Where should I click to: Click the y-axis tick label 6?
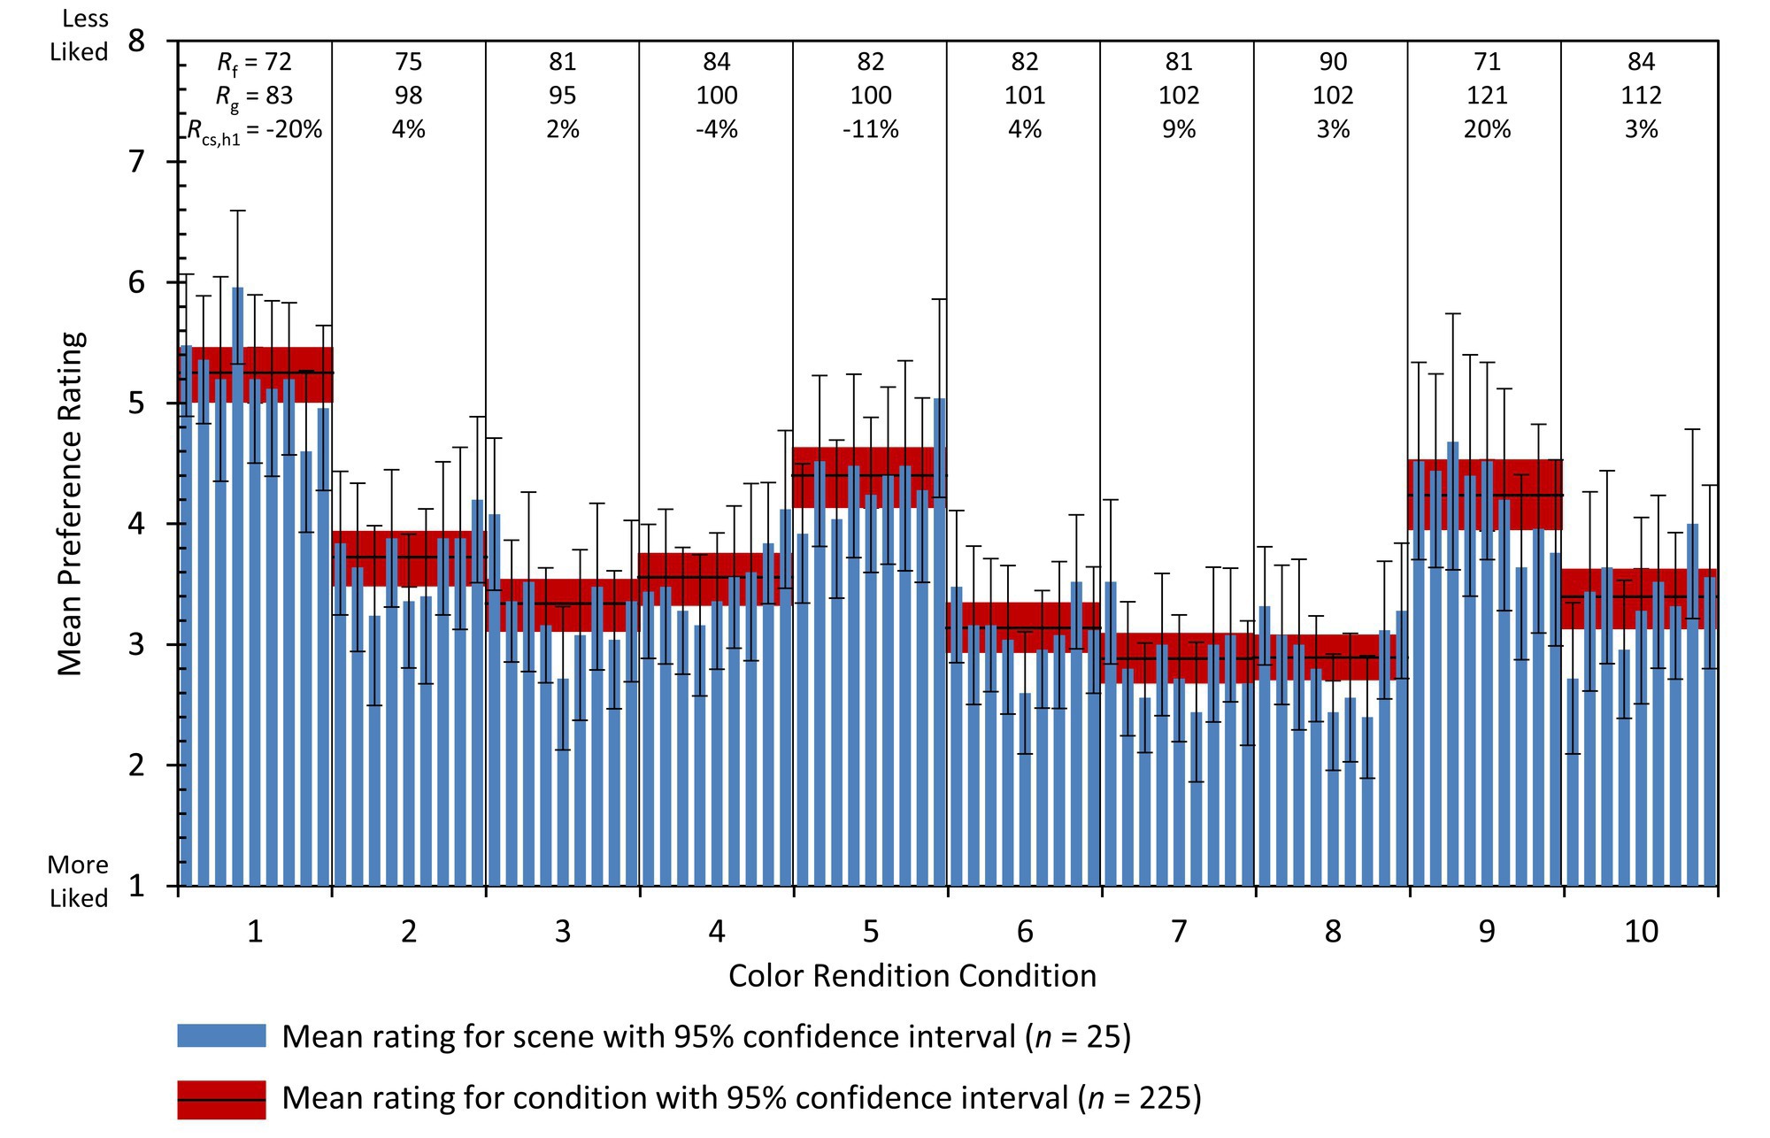point(135,283)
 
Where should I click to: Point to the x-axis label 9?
point(1486,932)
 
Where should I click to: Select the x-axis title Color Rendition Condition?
point(912,976)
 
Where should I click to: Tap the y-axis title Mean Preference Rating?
point(71,504)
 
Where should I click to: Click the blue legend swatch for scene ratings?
point(221,1036)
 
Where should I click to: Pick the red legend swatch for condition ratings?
point(221,1099)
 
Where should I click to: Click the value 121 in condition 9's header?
point(1487,96)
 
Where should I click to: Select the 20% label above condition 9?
point(1487,129)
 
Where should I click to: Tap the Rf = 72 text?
point(254,62)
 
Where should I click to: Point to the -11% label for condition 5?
point(871,129)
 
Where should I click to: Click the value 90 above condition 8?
point(1333,62)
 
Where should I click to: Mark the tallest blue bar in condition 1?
point(237,584)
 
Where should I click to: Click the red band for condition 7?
point(1178,658)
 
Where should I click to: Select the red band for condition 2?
point(408,558)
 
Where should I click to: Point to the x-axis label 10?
point(1641,932)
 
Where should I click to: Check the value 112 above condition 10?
point(1641,96)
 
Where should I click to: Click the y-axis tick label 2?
point(135,765)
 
